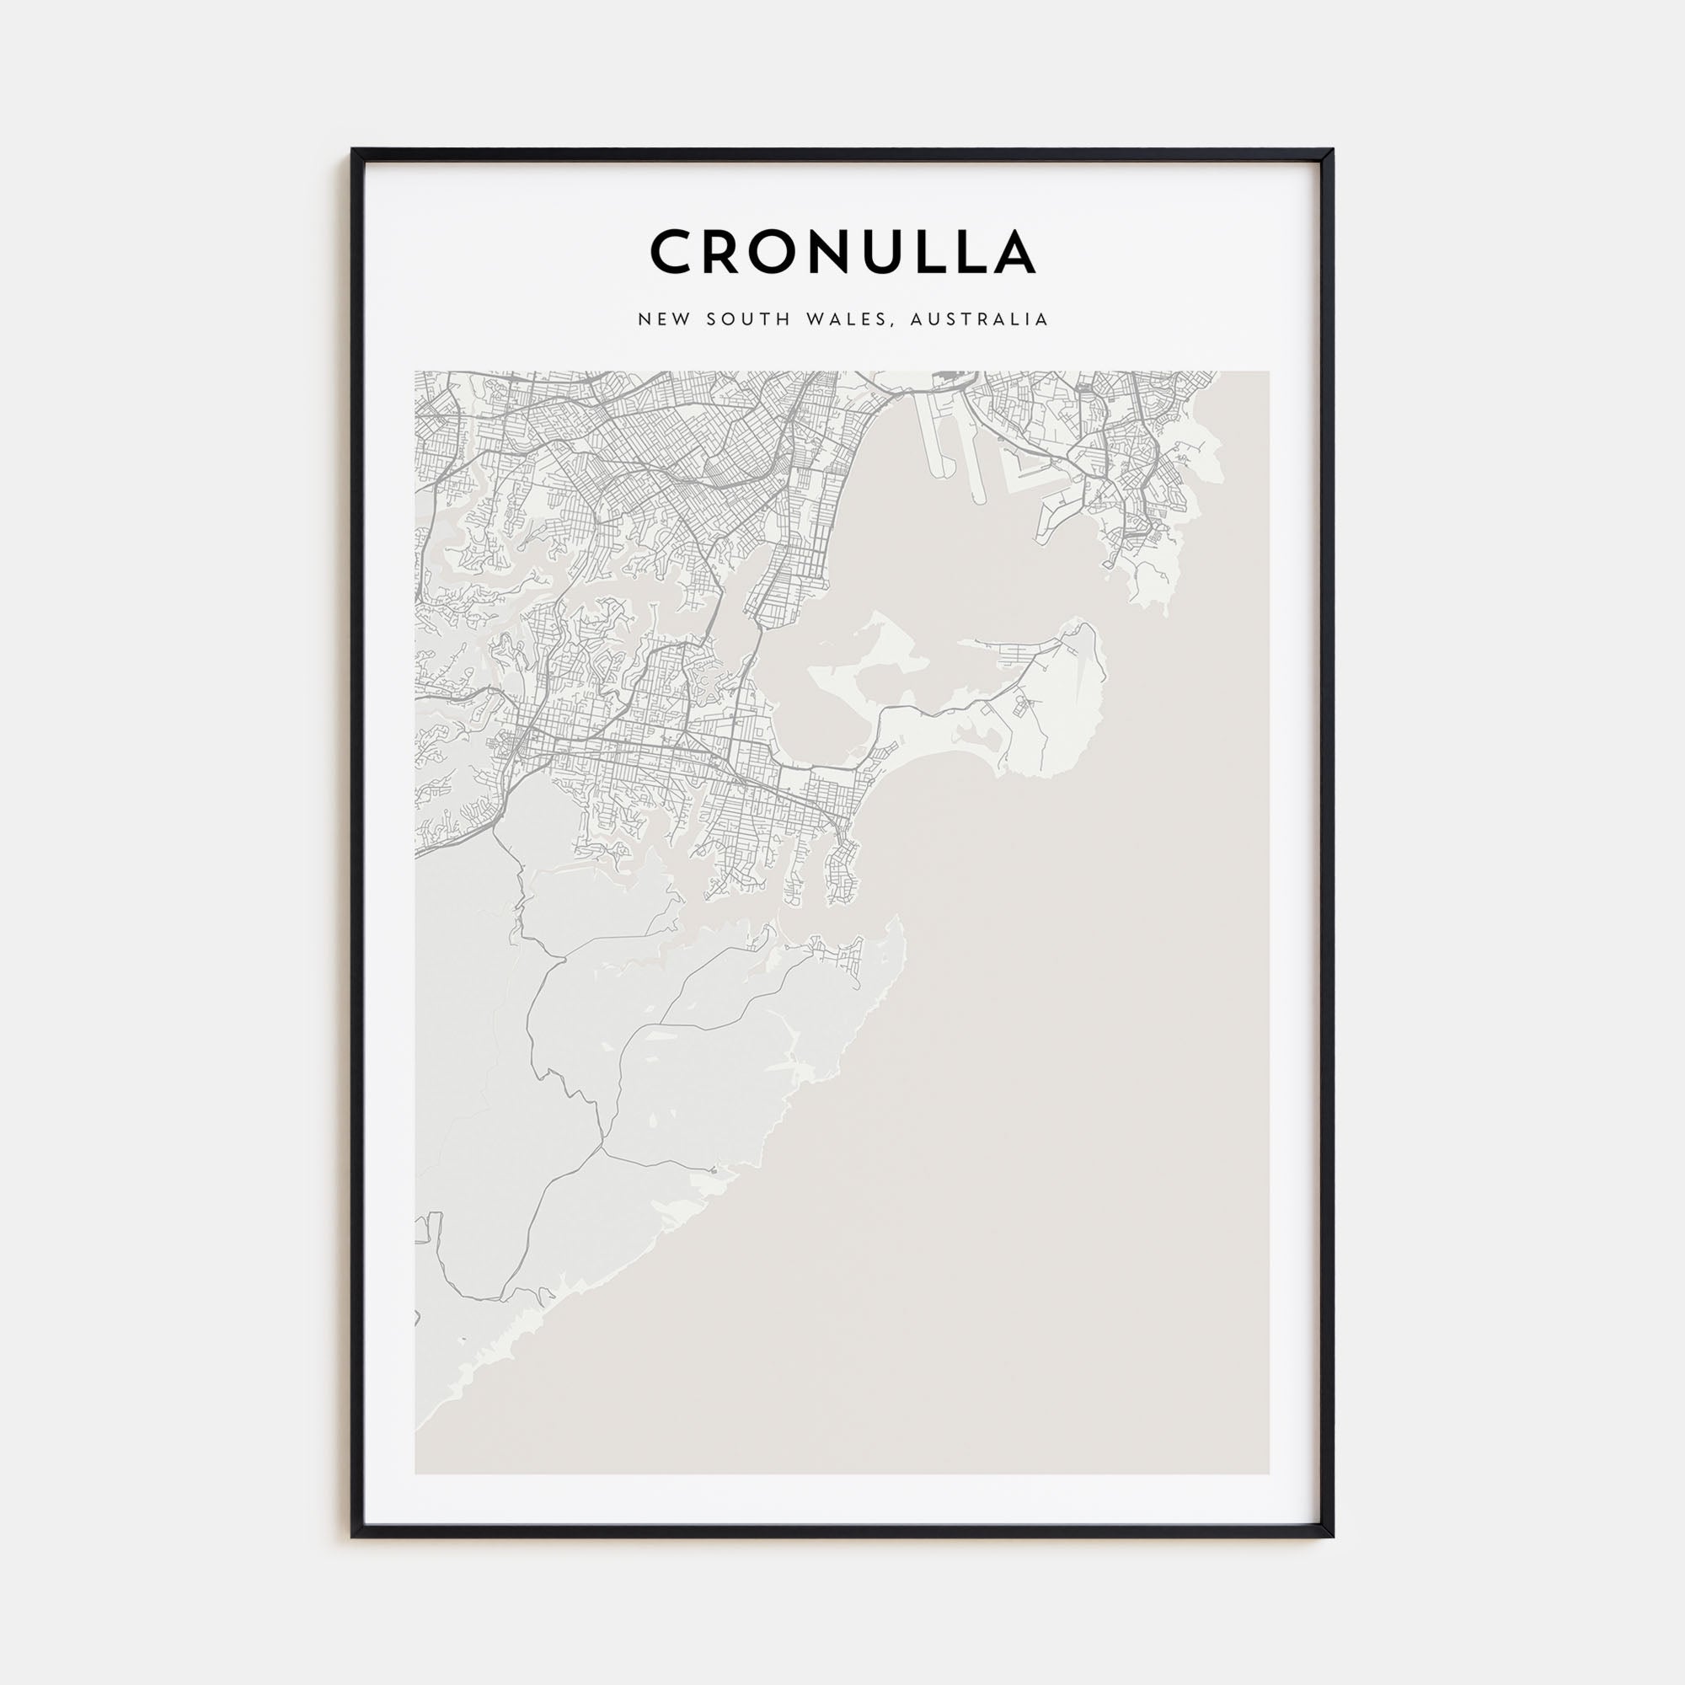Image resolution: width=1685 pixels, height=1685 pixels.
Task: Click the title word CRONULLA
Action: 842,252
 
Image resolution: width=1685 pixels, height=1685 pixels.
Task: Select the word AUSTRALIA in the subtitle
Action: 978,319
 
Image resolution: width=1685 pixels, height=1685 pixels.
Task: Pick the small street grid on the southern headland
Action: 842,959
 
